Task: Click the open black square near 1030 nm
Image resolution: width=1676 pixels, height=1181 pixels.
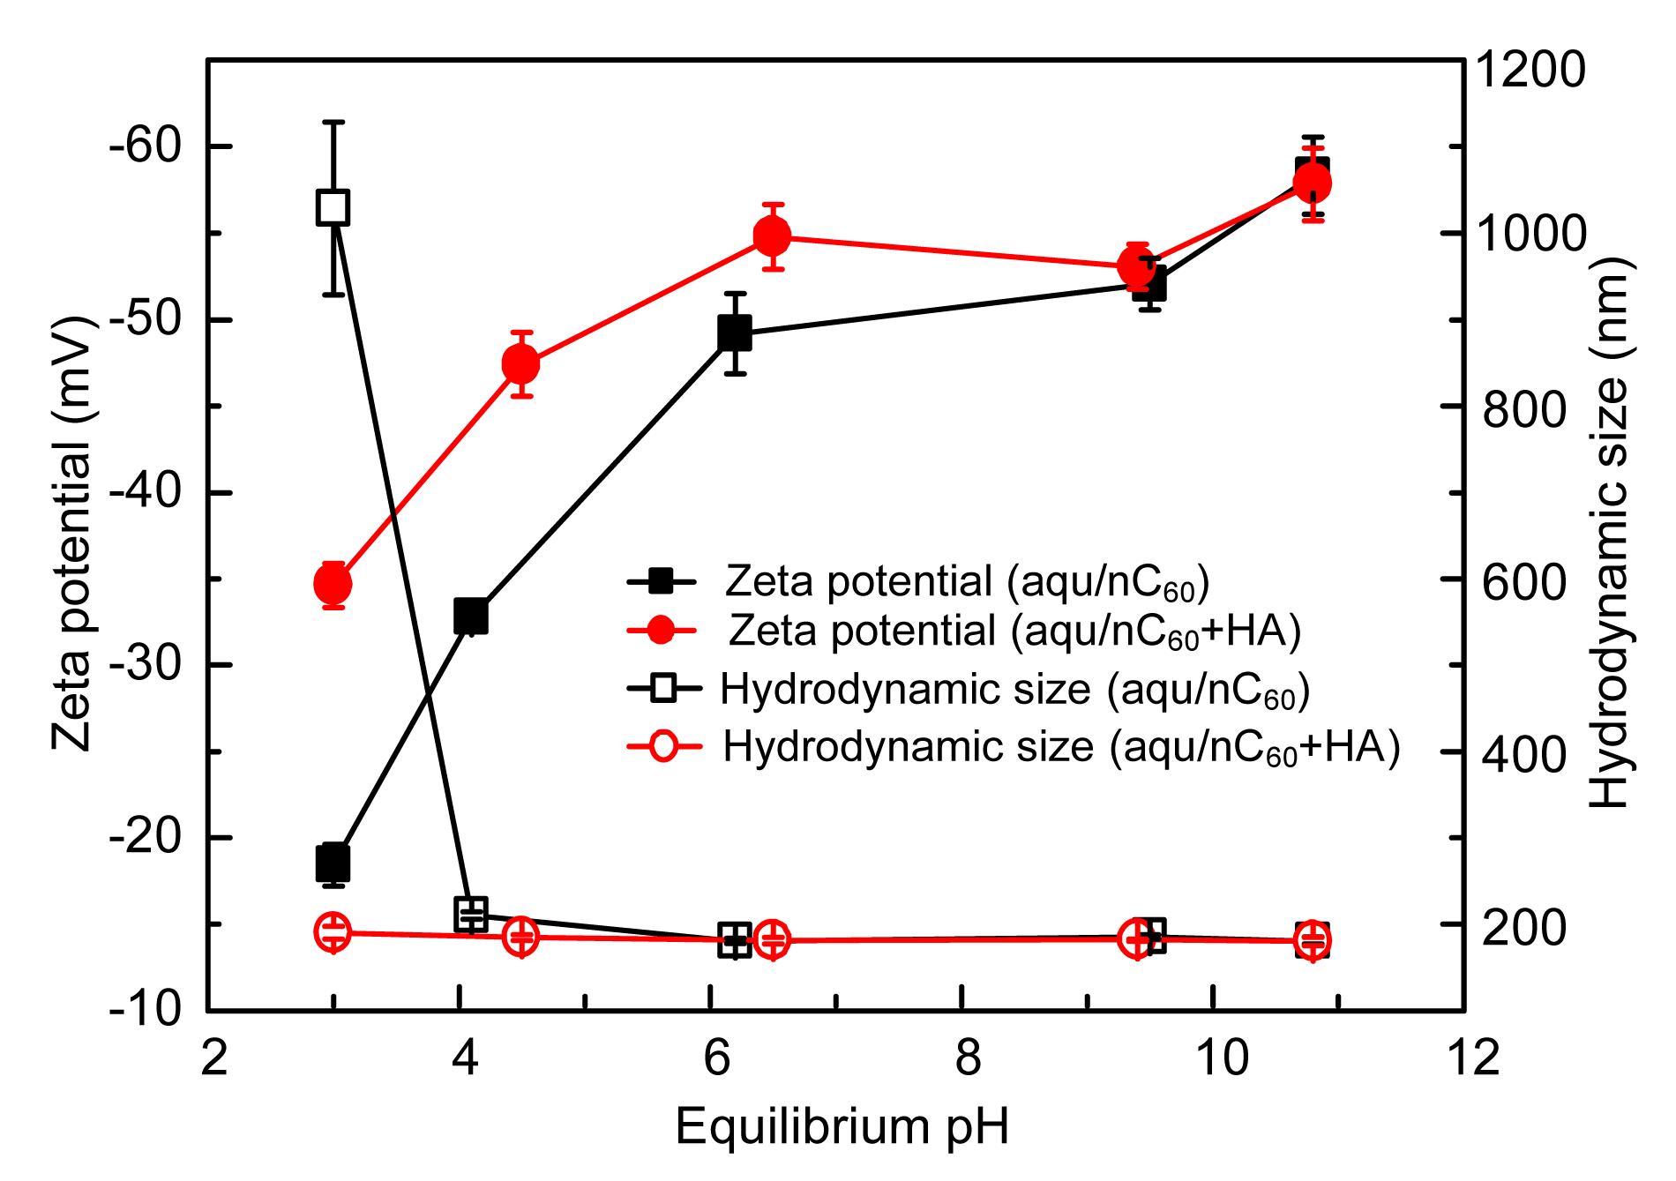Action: coord(333,208)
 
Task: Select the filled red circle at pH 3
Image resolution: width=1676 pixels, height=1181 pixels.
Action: coord(333,583)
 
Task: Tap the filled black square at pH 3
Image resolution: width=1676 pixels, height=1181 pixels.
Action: coord(333,863)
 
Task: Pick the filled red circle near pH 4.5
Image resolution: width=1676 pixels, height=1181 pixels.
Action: coord(520,363)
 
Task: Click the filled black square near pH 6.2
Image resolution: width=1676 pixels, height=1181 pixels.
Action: coord(734,333)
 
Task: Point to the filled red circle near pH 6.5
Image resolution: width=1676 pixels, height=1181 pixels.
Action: coord(773,235)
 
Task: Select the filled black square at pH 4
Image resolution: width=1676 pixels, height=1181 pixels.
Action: coord(470,616)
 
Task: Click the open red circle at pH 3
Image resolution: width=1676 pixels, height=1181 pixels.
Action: coord(333,932)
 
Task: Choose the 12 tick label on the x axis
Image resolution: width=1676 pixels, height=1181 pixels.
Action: coord(1464,1057)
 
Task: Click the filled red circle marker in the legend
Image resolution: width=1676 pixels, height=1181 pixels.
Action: coord(662,630)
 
